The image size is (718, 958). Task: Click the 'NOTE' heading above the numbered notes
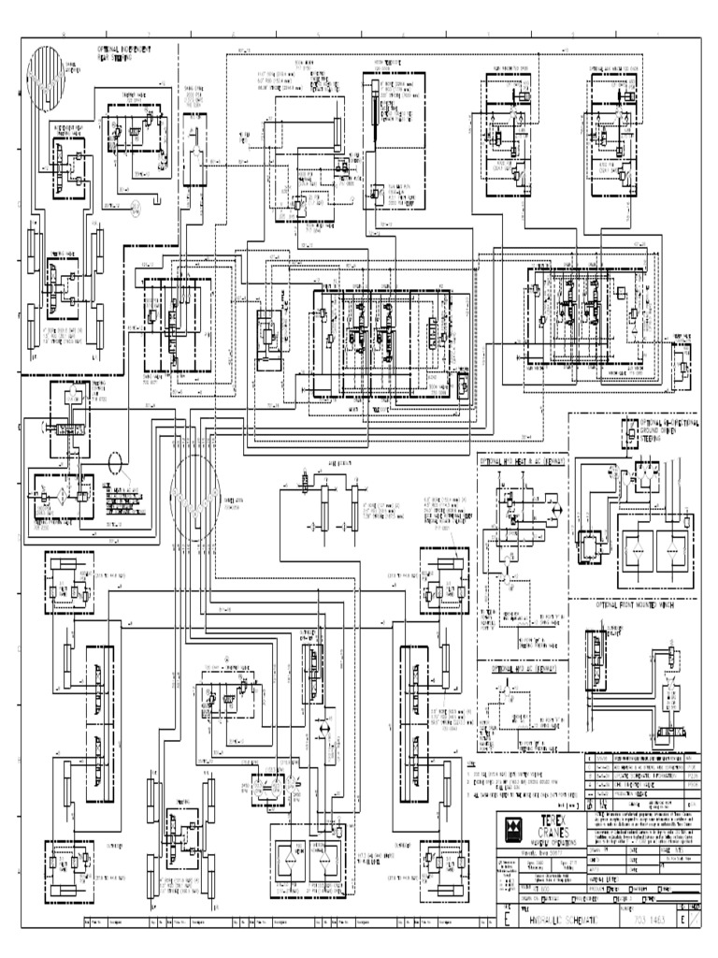pyautogui.click(x=472, y=764)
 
